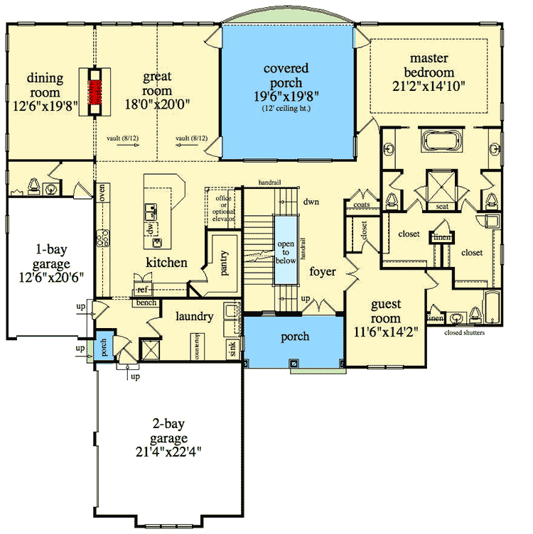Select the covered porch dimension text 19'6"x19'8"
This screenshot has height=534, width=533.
pyautogui.click(x=286, y=95)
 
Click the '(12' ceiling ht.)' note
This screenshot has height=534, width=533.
pyautogui.click(x=286, y=109)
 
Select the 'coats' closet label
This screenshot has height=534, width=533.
pyautogui.click(x=361, y=205)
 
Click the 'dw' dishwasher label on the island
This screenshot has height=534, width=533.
pyautogui.click(x=151, y=228)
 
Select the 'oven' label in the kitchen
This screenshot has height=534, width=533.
pyautogui.click(x=103, y=192)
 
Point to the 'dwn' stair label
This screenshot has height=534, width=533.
pyautogui.click(x=310, y=202)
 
